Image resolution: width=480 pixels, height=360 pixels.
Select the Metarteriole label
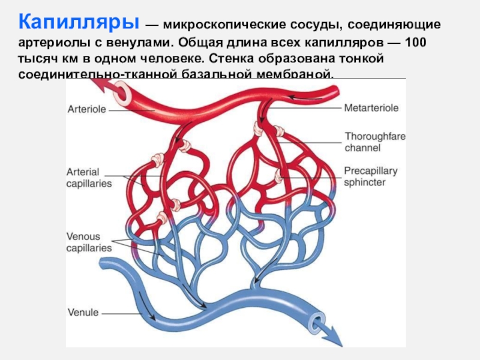[x=371, y=108]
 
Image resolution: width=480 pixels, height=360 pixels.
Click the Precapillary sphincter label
[x=370, y=176]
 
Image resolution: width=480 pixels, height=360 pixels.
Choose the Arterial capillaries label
[x=89, y=178]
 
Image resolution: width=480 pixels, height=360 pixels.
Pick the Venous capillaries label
[x=89, y=242]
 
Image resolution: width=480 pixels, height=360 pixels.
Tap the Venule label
[x=83, y=313]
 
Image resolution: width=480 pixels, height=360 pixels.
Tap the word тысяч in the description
[x=37, y=60]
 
